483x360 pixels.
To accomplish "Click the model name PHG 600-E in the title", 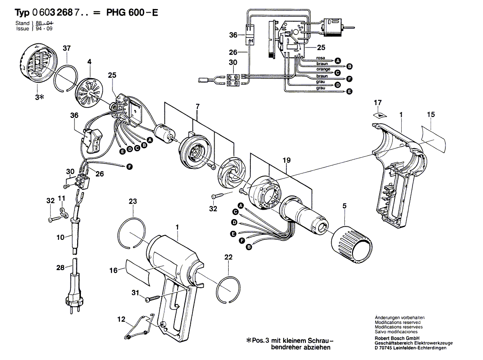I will pyautogui.click(x=132, y=13).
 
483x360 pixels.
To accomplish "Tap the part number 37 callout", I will pyautogui.click(x=66, y=48).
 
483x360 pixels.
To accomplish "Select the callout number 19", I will pyautogui.click(x=286, y=160).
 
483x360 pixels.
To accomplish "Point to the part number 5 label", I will pyautogui.click(x=344, y=206).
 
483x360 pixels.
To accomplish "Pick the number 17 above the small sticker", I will pyautogui.click(x=378, y=103).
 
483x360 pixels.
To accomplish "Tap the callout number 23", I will pyautogui.click(x=132, y=201).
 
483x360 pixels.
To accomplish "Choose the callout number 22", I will pyautogui.click(x=228, y=257).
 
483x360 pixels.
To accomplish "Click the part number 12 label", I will pyautogui.click(x=121, y=319).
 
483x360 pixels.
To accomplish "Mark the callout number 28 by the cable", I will pyautogui.click(x=61, y=268).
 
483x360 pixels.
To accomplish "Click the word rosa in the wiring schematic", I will pyautogui.click(x=320, y=58).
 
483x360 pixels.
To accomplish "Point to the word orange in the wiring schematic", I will pyautogui.click(x=323, y=70).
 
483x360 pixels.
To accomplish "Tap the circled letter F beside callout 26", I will pyautogui.click(x=130, y=167).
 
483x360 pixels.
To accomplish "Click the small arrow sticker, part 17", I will pyautogui.click(x=380, y=115).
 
